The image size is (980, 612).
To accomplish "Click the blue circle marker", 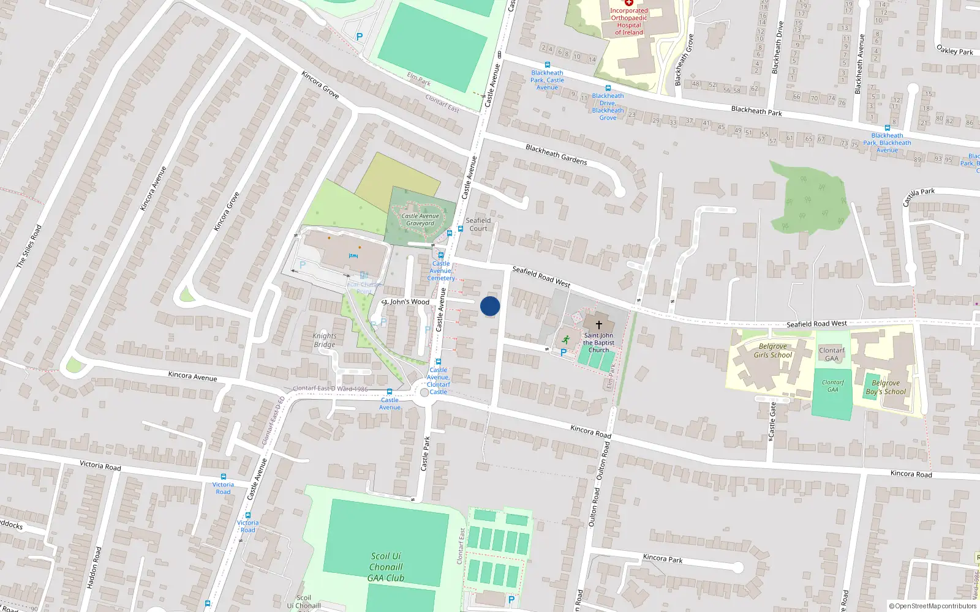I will (490, 306).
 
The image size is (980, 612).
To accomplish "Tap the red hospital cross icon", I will (628, 2).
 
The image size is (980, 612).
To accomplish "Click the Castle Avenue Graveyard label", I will (420, 220).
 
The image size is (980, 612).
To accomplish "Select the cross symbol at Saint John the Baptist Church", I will (598, 325).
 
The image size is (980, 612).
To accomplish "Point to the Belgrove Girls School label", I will (772, 351).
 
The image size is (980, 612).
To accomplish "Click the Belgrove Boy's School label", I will (886, 387).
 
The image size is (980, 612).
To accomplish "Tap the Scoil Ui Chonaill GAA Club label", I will (386, 567).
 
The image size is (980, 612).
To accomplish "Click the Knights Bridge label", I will (324, 340).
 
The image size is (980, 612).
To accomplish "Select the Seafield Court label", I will (478, 225).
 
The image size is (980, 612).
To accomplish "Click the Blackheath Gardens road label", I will (556, 155).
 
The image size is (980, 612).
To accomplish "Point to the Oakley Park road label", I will (954, 50).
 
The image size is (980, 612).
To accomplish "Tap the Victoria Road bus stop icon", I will (223, 477).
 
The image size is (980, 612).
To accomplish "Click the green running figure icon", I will (565, 340).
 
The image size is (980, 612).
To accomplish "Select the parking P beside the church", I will (563, 353).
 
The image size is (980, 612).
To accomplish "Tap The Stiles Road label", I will (29, 246).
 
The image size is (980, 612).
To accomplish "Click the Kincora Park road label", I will (663, 558).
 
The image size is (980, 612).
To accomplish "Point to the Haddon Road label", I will (92, 568).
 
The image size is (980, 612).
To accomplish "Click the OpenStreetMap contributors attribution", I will (933, 606).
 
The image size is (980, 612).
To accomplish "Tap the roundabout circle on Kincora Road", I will (424, 392).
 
